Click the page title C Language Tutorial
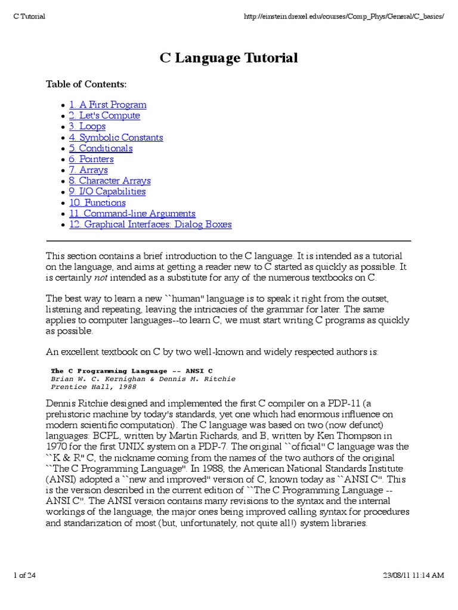(x=229, y=58)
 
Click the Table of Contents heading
(x=86, y=84)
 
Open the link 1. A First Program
(x=107, y=105)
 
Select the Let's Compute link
(x=104, y=116)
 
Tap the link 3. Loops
(x=87, y=126)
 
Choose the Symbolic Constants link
(x=116, y=138)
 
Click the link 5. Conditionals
(x=100, y=148)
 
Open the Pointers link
(x=91, y=159)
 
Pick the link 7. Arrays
(x=88, y=170)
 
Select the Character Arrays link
(x=110, y=180)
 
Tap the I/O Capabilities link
(x=107, y=192)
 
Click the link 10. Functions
(x=97, y=203)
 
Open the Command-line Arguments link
(x=132, y=213)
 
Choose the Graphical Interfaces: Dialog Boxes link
(x=150, y=225)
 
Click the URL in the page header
(x=345, y=16)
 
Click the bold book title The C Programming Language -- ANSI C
(x=132, y=371)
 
